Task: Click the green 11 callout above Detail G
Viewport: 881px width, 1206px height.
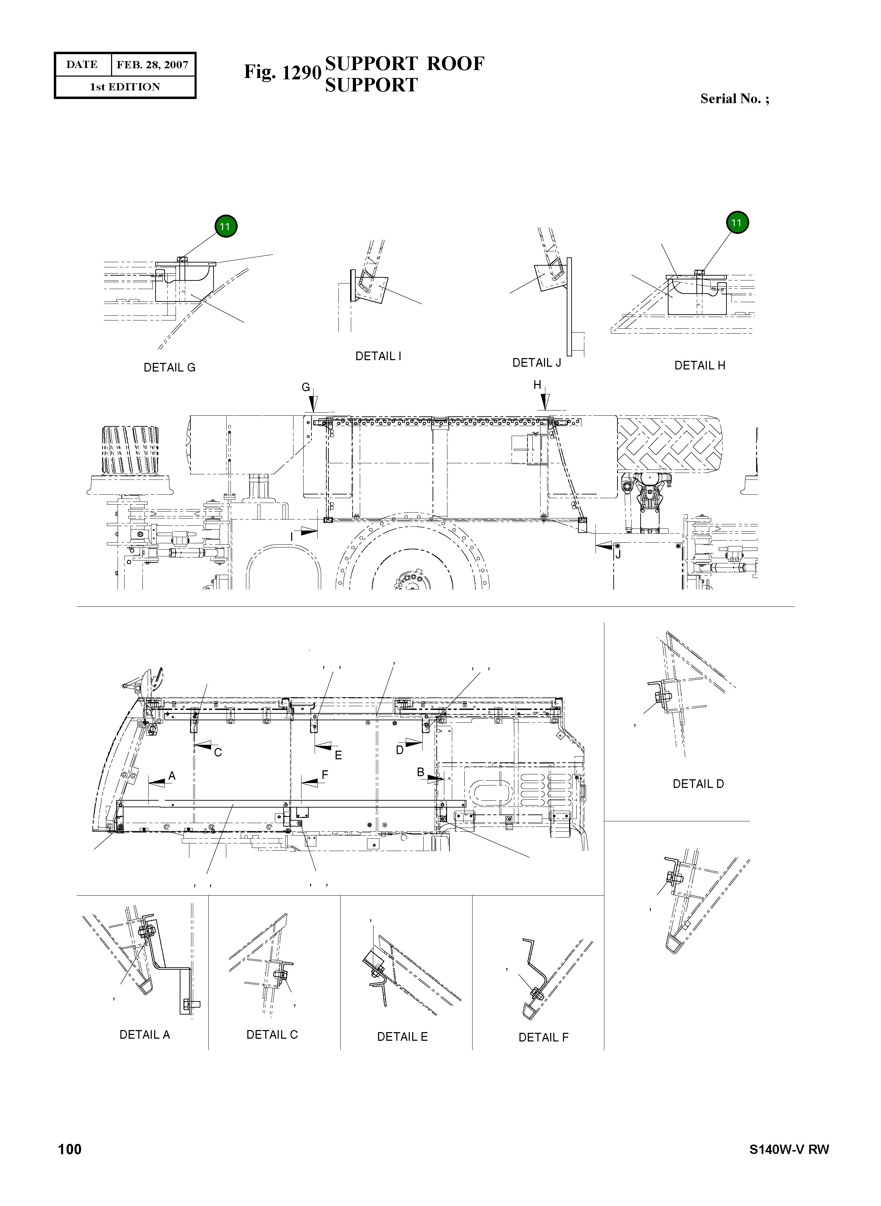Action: [226, 226]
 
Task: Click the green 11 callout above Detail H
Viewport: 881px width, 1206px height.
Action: [736, 223]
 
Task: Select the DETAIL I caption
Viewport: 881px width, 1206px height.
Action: [378, 356]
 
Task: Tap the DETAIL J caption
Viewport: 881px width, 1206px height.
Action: [536, 363]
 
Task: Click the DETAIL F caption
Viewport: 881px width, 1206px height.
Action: [543, 1037]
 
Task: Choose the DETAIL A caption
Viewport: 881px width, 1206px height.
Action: [145, 1035]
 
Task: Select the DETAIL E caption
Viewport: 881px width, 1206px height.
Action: [402, 1037]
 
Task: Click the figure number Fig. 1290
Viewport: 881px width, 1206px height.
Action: [282, 72]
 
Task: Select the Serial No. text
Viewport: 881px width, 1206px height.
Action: [734, 99]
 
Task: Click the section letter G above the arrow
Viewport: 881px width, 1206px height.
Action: [306, 387]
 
